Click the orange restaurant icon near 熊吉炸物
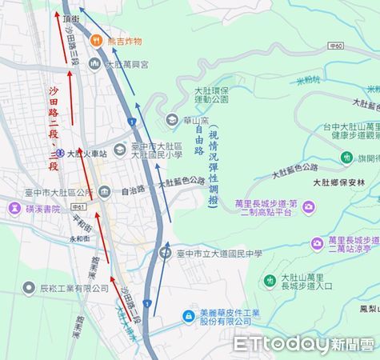(x=95, y=38)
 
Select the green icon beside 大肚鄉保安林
(x=346, y=158)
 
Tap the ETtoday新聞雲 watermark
(x=304, y=344)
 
